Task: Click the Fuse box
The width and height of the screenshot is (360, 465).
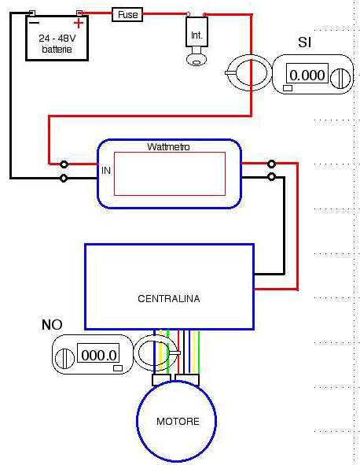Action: coord(127,14)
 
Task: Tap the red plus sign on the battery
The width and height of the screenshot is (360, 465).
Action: coord(79,23)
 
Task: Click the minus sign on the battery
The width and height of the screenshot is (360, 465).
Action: coord(35,23)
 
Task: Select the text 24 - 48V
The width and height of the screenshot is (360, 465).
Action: coord(57,38)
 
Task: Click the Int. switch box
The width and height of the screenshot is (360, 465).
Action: coord(197,31)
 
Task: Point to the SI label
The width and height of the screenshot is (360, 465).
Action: coord(305,42)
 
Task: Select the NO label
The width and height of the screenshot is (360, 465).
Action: coord(52,325)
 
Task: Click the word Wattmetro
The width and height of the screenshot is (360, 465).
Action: coord(168,147)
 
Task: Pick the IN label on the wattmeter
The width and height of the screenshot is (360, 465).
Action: coord(106,171)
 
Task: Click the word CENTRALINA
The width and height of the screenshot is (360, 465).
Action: coord(169,299)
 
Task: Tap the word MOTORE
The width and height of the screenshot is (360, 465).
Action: coord(178,422)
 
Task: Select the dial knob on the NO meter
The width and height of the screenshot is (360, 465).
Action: coord(64,359)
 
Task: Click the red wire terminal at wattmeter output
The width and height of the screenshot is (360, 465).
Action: coord(271,164)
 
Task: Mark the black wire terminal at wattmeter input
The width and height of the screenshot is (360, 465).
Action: coord(64,179)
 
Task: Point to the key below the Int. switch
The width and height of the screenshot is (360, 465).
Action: coord(197,57)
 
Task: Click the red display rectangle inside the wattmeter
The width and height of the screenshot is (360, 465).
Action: coord(170,174)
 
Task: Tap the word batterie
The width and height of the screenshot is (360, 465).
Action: coord(57,50)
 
